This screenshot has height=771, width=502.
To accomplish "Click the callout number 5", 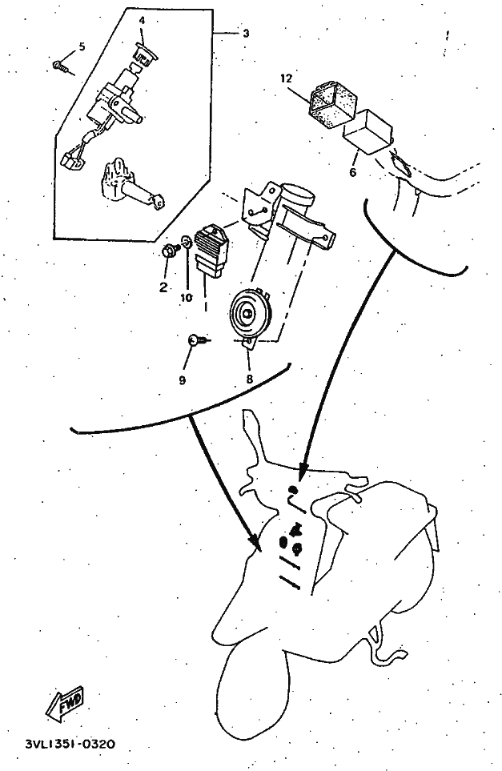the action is [x=80, y=46].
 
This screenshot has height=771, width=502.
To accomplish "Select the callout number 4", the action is [x=142, y=18].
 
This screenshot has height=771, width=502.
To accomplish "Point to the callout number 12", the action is [x=286, y=78].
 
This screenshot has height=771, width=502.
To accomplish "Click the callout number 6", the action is [x=353, y=171].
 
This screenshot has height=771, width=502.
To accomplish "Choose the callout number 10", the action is [x=186, y=298].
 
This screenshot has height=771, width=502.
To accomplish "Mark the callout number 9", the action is [x=182, y=379].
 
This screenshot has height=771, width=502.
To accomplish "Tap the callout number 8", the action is [x=249, y=379].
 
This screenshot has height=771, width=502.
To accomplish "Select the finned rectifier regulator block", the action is [x=212, y=250].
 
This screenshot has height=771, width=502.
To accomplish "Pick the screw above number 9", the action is [x=195, y=340].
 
